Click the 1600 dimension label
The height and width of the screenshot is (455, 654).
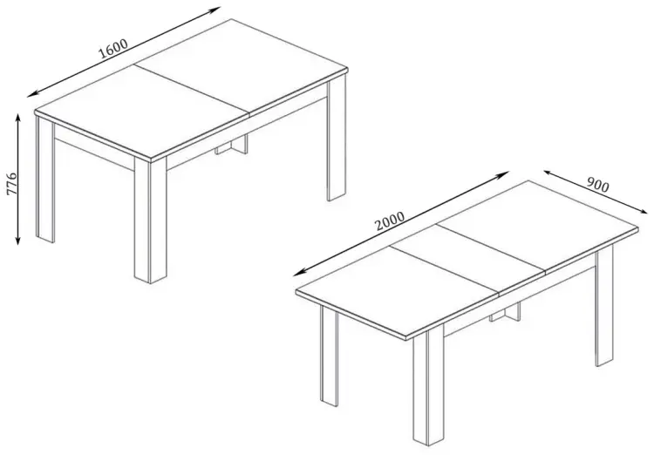[113, 49]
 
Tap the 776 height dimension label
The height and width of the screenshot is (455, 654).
[11, 183]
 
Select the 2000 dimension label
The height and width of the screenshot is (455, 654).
[390, 221]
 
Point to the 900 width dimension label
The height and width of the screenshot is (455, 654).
[597, 185]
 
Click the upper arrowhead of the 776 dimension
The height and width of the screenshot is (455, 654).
[18, 117]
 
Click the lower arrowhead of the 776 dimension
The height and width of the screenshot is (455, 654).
[18, 241]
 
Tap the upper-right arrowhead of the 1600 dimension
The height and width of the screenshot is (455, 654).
[215, 10]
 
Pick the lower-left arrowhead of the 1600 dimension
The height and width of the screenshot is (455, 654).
[32, 95]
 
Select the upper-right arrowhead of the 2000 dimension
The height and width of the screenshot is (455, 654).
[504, 173]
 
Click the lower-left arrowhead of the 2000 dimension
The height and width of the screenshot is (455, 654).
[298, 274]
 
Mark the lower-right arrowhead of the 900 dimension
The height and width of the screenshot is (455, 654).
[644, 212]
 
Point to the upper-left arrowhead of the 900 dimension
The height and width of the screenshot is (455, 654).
[548, 173]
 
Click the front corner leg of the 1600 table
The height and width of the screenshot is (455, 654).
[150, 220]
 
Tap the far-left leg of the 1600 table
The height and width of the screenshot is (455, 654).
[45, 180]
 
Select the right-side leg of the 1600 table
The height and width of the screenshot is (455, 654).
[337, 139]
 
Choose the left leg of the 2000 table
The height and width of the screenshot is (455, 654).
[329, 356]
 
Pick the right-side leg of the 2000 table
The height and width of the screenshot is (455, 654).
[604, 306]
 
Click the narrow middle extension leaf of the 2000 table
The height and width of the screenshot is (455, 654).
[468, 258]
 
